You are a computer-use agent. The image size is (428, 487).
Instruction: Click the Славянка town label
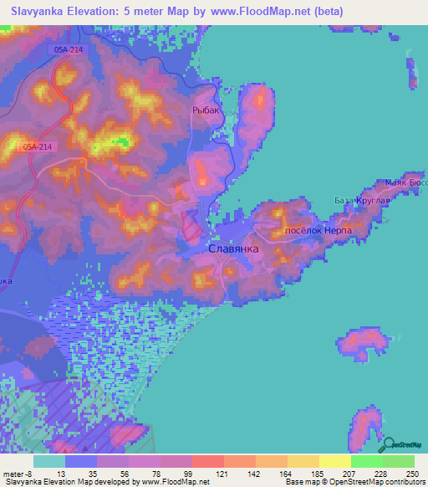pyautogui.click(x=233, y=250)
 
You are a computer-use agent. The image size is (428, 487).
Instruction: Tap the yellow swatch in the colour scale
pyautogui.click(x=334, y=461)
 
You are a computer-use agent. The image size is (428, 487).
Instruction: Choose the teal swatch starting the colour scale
pyautogui.click(x=49, y=461)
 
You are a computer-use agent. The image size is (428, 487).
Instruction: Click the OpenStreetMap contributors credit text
pyautogui.click(x=368, y=482)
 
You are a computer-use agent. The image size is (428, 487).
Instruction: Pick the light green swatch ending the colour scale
pyautogui.click(x=398, y=461)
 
